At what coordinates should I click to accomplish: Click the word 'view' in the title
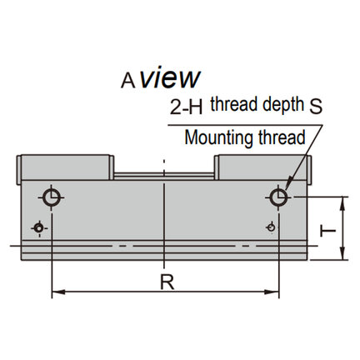click(170, 77)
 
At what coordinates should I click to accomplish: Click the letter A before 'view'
click(128, 81)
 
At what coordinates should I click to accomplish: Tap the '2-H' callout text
click(186, 107)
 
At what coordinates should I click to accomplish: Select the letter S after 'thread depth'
click(316, 107)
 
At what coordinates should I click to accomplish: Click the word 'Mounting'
click(218, 138)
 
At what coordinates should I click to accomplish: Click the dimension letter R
click(167, 282)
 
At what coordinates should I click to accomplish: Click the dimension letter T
click(328, 232)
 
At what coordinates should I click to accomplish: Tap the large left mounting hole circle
click(52, 197)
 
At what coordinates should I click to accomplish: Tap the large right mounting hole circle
click(278, 197)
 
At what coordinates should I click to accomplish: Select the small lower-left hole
click(39, 228)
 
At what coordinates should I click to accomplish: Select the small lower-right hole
click(271, 227)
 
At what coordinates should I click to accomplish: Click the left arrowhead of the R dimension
click(58, 292)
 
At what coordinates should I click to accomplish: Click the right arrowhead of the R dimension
click(272, 292)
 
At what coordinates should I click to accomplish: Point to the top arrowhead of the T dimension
click(343, 203)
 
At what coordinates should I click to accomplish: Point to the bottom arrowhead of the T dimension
click(343, 253)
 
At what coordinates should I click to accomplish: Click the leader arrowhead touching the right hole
click(287, 186)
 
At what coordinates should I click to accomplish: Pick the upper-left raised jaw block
click(65, 167)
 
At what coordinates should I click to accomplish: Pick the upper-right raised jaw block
click(262, 167)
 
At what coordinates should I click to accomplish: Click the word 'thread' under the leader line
click(282, 137)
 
